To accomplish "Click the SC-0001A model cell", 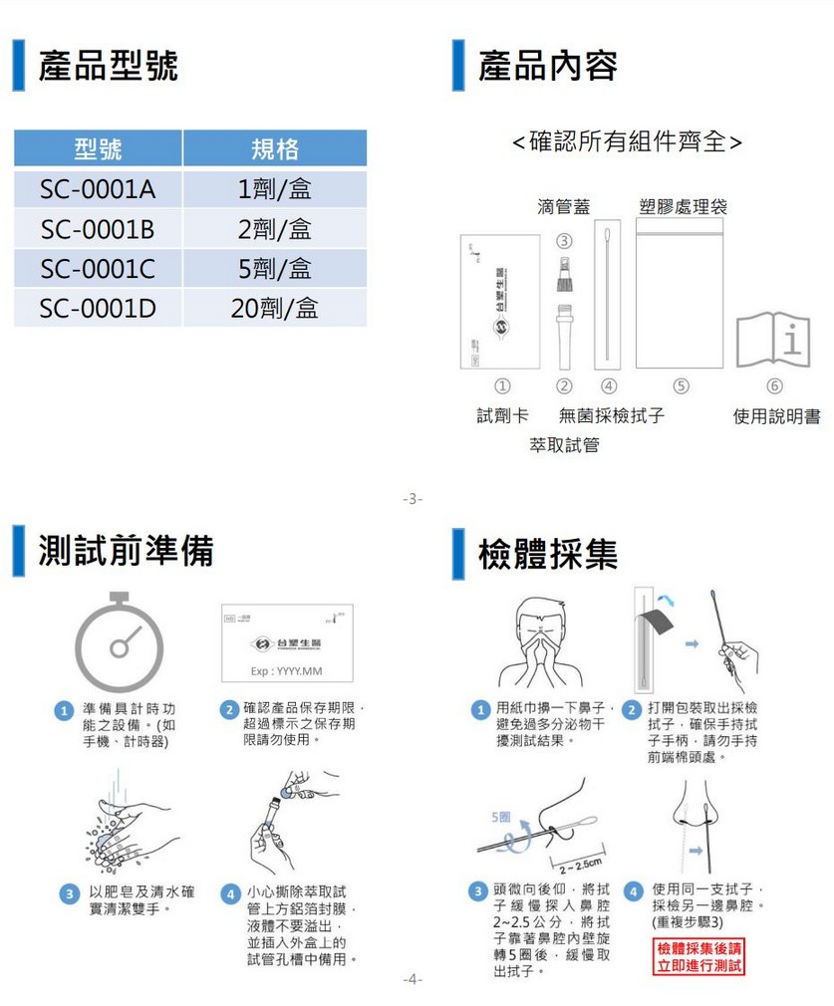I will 98,189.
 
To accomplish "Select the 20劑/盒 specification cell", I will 274,308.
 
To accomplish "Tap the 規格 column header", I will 274,149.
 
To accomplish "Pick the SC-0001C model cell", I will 98,269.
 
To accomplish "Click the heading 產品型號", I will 109,67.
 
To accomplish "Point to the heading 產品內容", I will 547,67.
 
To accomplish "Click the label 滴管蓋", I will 563,206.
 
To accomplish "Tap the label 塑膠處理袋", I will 683,206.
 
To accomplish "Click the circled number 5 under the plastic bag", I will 682,385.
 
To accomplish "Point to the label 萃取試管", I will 565,445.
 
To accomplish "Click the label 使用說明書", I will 777,416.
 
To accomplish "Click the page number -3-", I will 413,498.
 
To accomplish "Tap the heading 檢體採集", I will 547,553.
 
